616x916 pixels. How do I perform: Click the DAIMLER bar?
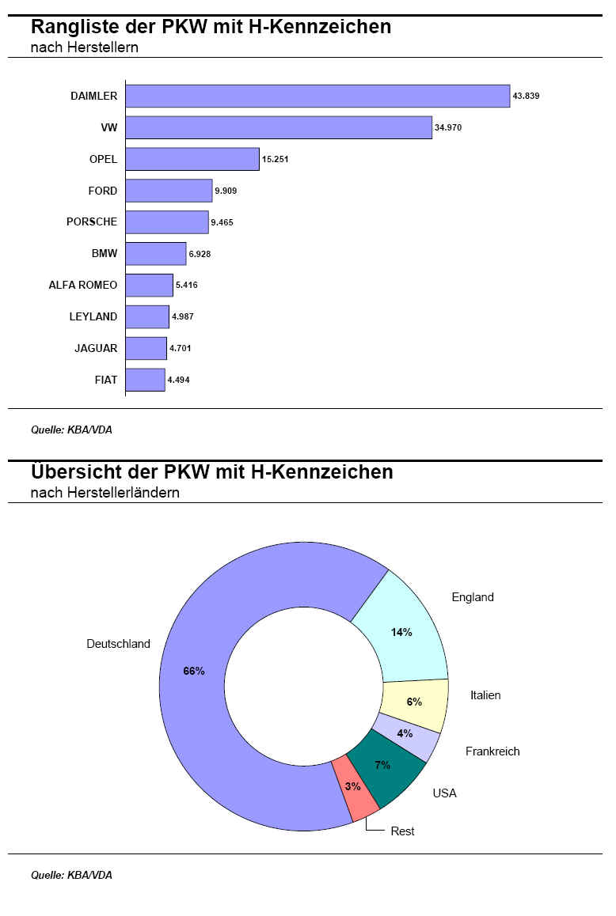click(x=318, y=96)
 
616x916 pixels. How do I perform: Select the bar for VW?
click(x=279, y=127)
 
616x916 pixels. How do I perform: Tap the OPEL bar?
click(x=192, y=159)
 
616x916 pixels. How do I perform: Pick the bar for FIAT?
click(x=145, y=380)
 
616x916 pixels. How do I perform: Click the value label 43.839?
click(x=526, y=96)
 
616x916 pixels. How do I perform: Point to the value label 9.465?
click(x=222, y=222)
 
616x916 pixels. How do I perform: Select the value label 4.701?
click(x=181, y=348)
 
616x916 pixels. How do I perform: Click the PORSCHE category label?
click(x=92, y=222)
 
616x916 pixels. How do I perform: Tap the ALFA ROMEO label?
click(x=83, y=285)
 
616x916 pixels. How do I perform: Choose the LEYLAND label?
click(x=93, y=316)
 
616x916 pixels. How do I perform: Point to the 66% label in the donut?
click(x=194, y=672)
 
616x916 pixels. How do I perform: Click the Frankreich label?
click(x=492, y=751)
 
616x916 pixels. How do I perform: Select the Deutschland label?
click(x=118, y=644)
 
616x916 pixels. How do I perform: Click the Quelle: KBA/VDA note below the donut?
click(x=71, y=875)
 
